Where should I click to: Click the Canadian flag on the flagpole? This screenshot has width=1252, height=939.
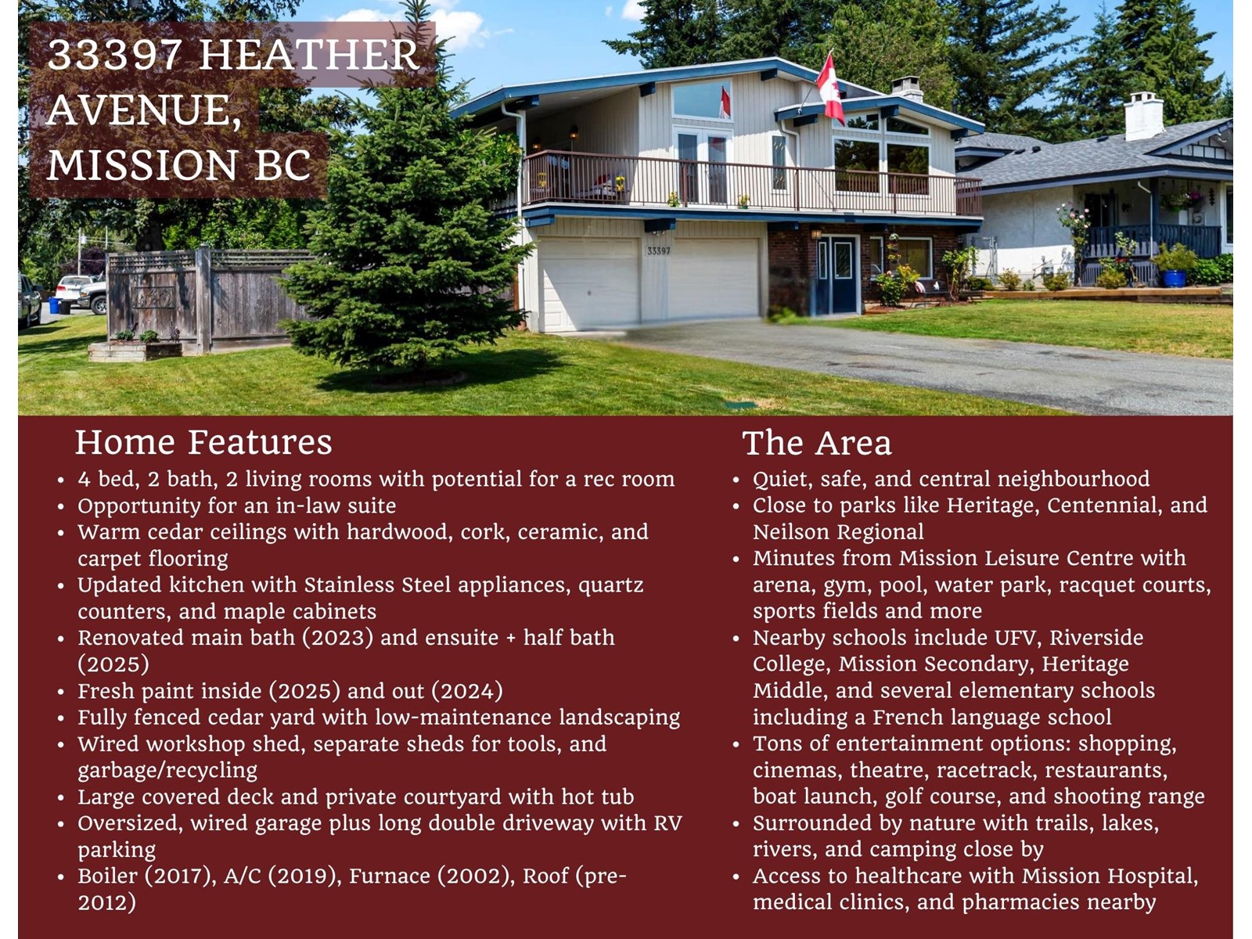[830, 88]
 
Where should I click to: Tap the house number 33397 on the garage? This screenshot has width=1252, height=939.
[659, 250]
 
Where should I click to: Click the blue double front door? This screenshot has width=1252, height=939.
[837, 275]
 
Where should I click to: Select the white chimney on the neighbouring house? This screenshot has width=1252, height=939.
[1144, 117]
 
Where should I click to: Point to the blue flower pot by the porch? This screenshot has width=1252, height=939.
[1175, 278]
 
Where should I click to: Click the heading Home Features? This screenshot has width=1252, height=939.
[203, 442]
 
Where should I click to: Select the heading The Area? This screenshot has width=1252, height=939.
[816, 443]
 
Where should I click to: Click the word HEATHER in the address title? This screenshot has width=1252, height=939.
[308, 56]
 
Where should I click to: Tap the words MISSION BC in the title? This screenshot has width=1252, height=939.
[178, 165]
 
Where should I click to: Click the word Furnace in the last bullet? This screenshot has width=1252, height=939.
[390, 876]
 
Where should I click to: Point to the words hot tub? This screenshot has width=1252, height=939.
[598, 797]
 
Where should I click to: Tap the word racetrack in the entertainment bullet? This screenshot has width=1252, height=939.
[984, 770]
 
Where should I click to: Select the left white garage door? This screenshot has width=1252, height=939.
[588, 282]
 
